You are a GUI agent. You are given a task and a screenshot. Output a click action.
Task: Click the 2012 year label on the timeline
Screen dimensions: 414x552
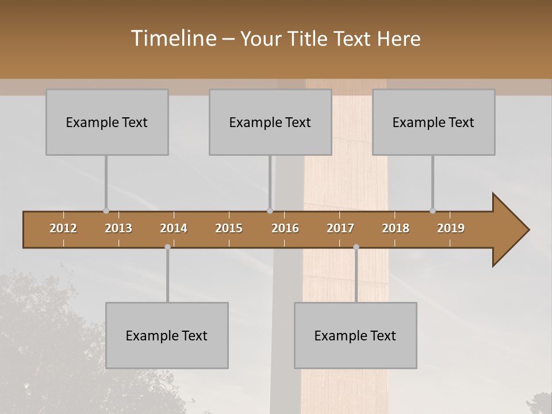coord(63,228)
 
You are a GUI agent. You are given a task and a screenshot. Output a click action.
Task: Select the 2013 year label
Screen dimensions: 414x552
coord(118,228)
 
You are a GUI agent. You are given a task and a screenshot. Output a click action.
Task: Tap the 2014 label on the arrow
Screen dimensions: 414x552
coord(174,228)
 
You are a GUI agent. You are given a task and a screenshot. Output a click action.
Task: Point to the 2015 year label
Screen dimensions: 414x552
coord(229,228)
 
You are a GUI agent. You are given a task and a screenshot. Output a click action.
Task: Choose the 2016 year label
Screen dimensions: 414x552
coord(285,228)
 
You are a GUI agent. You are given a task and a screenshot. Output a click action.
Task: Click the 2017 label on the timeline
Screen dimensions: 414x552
coord(340,228)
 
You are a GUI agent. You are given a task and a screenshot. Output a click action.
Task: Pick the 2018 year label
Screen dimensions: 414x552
coord(396,228)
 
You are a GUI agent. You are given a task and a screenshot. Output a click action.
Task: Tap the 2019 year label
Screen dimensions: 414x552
coord(451,228)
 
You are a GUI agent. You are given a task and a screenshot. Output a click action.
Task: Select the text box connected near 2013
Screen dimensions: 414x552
coord(107,122)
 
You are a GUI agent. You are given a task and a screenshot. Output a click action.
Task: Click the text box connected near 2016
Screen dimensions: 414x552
coord(270,122)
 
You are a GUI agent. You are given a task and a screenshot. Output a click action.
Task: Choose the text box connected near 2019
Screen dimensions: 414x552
coord(434,122)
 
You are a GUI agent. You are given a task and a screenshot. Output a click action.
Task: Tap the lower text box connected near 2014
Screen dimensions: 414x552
coord(167,335)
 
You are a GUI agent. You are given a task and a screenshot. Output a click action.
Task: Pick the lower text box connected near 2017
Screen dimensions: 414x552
coord(355,335)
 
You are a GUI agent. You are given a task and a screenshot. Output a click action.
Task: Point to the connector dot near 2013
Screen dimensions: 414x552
coord(106,211)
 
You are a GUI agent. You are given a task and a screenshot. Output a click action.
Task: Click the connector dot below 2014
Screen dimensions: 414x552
coord(167,247)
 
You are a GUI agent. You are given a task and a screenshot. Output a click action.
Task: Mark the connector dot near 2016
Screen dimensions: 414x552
coord(270,211)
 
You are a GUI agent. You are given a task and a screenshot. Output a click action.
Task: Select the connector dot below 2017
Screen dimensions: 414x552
coord(356,247)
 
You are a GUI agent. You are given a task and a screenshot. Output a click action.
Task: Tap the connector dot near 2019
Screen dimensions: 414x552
coord(432,211)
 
